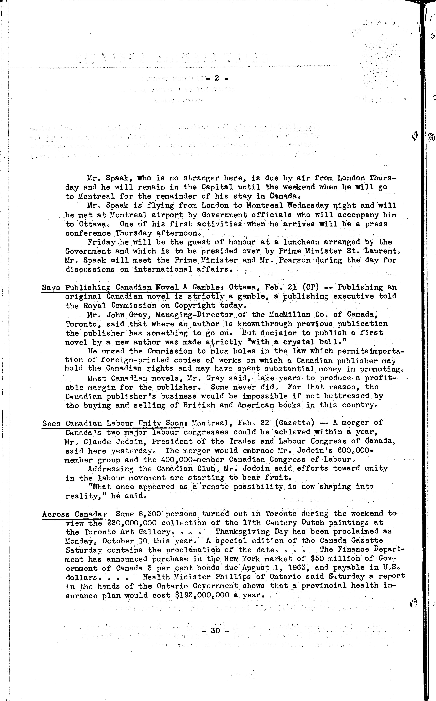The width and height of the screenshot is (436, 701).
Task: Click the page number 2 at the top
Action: click(217, 78)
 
